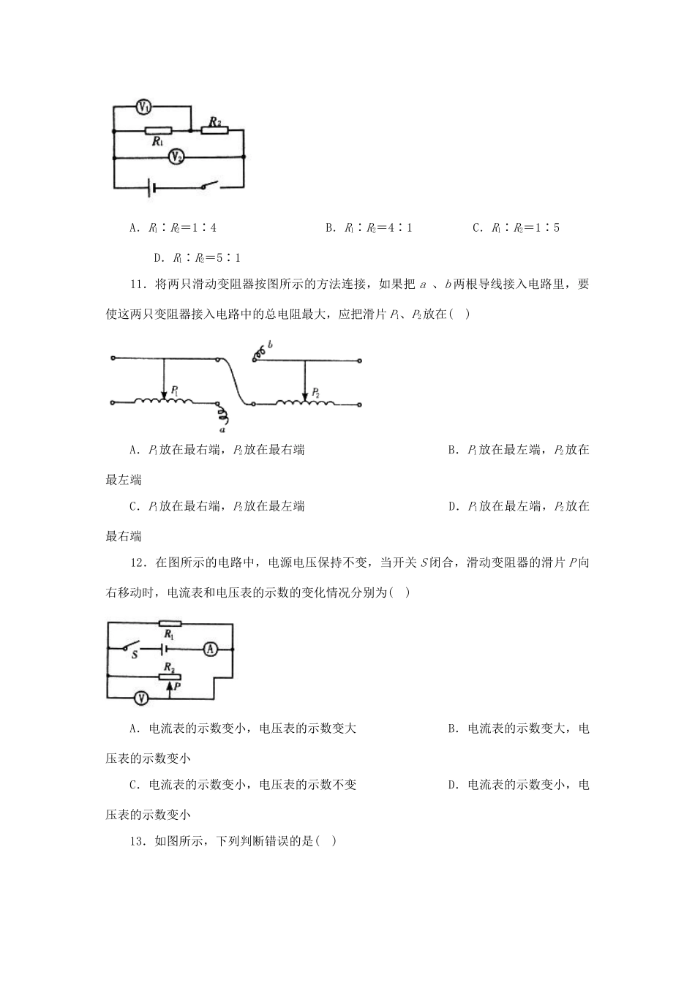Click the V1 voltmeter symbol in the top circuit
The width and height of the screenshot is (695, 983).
coord(144,108)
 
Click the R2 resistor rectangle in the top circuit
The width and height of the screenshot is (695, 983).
coord(214,131)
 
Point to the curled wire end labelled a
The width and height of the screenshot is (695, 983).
coord(225,418)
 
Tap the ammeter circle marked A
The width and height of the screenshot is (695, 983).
coord(210,649)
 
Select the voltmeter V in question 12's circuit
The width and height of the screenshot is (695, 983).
coord(143,698)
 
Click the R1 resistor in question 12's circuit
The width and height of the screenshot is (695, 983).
coord(170,624)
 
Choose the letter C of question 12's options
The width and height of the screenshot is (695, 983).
coord(133,785)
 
